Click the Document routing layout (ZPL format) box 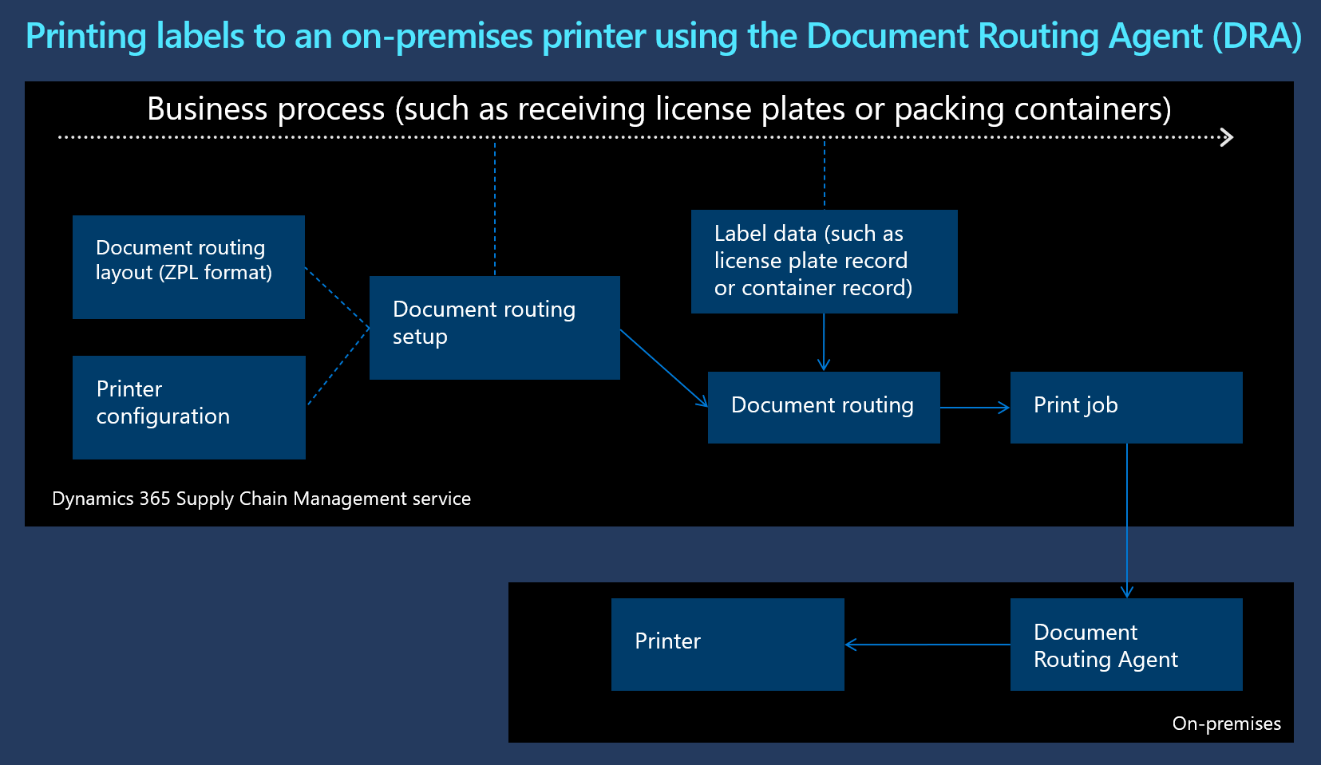[188, 266]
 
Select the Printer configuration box [188, 407]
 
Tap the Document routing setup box [494, 327]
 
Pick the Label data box [824, 261]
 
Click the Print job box [1125, 407]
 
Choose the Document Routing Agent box [1125, 644]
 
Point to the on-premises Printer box [727, 644]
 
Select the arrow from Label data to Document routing [824, 341]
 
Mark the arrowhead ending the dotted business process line [1228, 137]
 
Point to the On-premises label [1226, 724]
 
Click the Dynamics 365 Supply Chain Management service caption [261, 499]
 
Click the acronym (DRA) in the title [1256, 37]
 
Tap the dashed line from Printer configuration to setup [338, 367]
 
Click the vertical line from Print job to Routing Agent [1127, 519]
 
